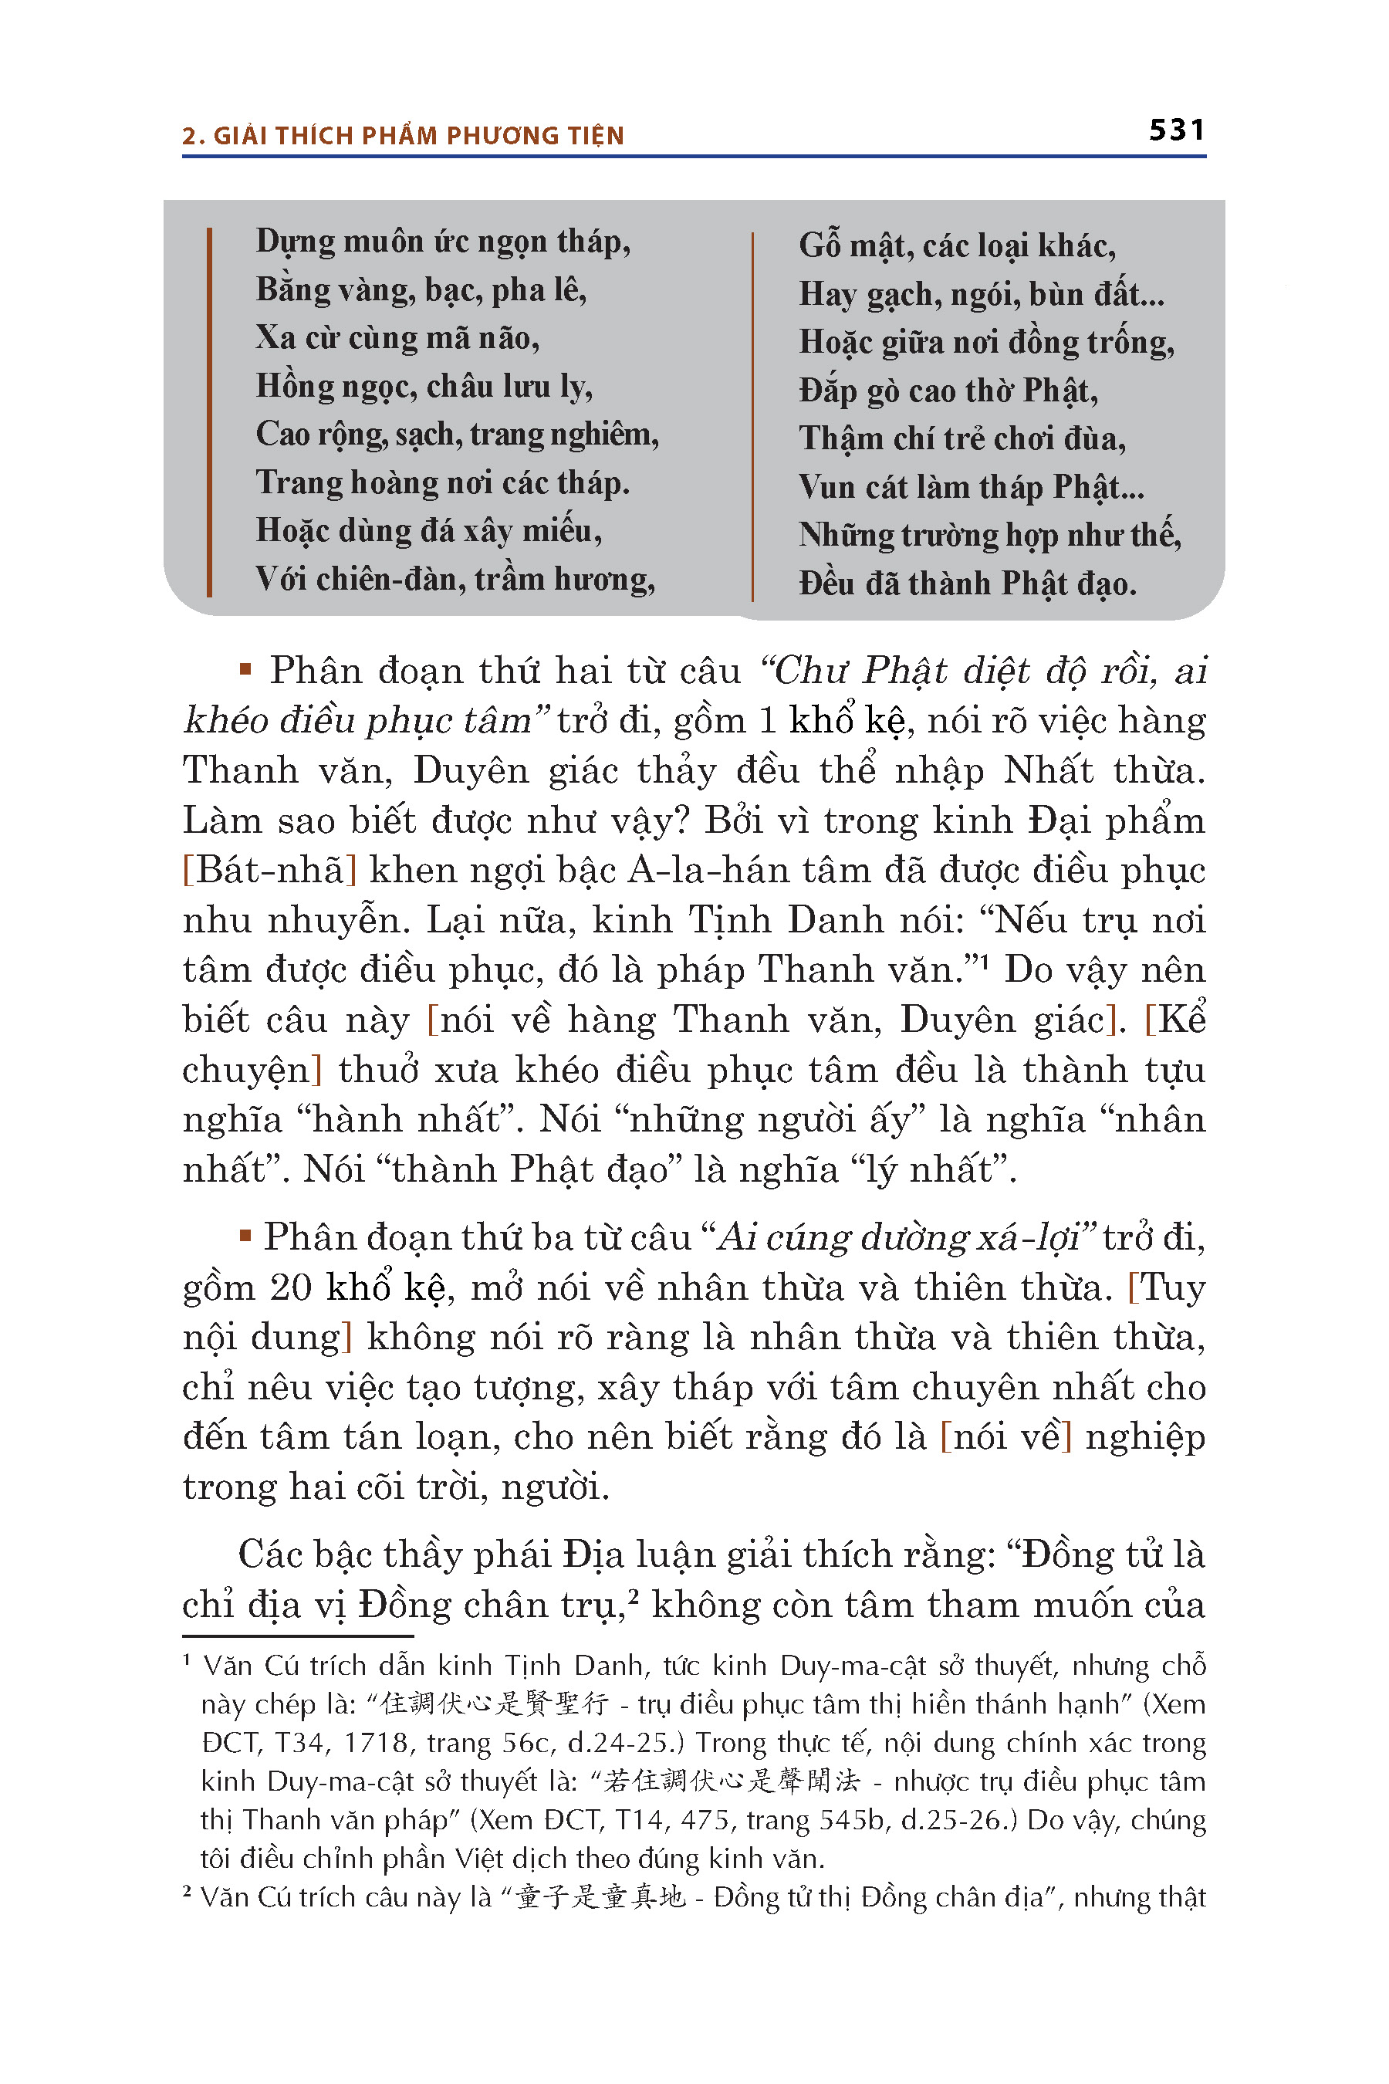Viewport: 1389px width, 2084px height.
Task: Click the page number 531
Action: click(1176, 130)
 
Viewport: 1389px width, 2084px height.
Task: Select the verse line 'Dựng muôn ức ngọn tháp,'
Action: click(443, 242)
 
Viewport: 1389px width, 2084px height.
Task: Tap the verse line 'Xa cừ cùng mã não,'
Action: click(397, 337)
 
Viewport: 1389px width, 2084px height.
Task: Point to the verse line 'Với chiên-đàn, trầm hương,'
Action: click(455, 579)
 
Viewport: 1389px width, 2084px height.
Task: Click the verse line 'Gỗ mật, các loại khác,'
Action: click(957, 245)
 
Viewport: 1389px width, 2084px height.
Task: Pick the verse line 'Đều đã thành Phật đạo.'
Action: click(968, 584)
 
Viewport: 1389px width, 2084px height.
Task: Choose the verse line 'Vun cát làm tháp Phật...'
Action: click(972, 487)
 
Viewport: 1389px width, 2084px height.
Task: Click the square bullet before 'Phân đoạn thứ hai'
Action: click(245, 669)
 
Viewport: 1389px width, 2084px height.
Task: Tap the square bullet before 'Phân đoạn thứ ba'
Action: click(245, 1235)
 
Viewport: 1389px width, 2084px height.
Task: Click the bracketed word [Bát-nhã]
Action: click(270, 870)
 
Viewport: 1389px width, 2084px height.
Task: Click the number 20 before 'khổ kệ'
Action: click(291, 1287)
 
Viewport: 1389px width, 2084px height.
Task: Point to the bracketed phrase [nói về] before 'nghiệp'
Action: click(1005, 1437)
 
